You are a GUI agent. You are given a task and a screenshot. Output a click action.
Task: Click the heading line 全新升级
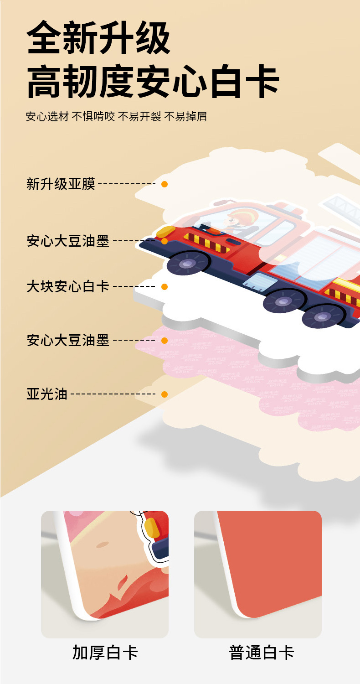coord(98,38)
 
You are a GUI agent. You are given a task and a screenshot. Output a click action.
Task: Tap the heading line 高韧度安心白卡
coord(153,82)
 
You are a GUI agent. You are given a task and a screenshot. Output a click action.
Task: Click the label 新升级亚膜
coord(61,184)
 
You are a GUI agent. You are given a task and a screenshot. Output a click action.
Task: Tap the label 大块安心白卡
coord(68,287)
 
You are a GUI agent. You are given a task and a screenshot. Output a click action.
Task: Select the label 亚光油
coord(47,394)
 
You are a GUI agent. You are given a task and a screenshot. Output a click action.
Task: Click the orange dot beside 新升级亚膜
coord(165,184)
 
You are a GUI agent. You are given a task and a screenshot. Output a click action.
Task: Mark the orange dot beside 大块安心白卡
coord(165,287)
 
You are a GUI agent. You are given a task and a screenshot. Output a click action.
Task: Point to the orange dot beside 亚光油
coord(165,394)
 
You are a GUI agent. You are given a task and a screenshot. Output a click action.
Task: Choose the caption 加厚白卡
coord(105,653)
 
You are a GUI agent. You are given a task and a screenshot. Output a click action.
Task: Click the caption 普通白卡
coord(262,653)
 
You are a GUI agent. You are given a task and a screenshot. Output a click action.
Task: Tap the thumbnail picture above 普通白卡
coord(258,574)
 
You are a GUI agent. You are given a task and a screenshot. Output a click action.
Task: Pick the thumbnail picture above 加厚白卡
coord(105,574)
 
